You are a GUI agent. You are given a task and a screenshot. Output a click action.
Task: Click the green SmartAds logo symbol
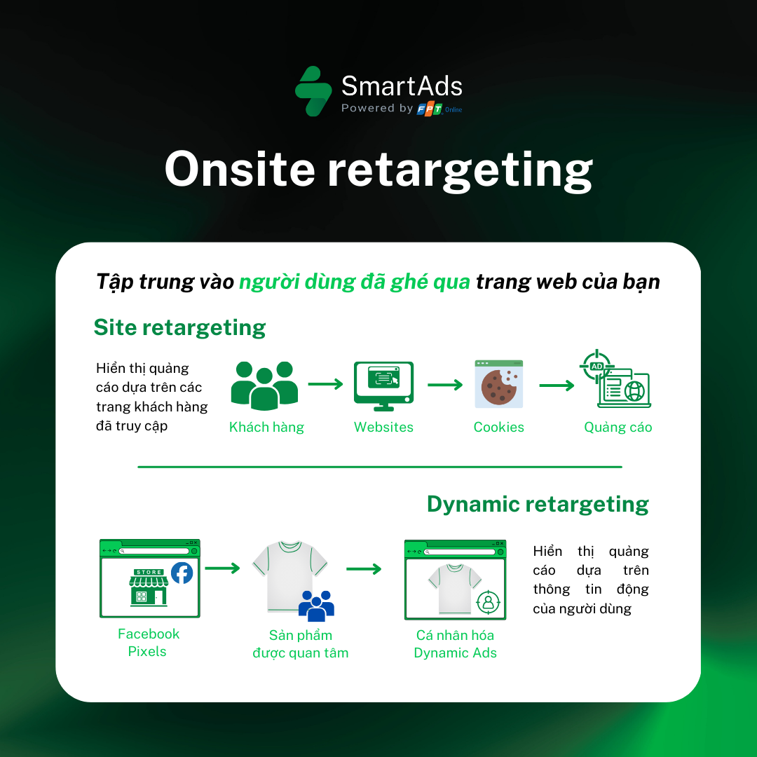pyautogui.click(x=313, y=91)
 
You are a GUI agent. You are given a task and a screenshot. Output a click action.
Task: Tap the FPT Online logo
pyautogui.click(x=439, y=109)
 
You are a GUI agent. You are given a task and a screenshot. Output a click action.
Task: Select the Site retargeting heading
pyautogui.click(x=179, y=327)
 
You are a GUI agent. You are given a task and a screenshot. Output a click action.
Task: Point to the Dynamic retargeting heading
pyautogui.click(x=538, y=504)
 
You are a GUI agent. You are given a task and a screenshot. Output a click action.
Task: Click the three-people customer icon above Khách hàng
pyautogui.click(x=264, y=385)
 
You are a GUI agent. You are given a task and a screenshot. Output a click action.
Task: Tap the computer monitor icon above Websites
pyautogui.click(x=383, y=386)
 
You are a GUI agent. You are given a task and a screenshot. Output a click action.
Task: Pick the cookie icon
pyautogui.click(x=498, y=385)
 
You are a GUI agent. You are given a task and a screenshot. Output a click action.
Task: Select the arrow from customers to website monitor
pyautogui.click(x=325, y=384)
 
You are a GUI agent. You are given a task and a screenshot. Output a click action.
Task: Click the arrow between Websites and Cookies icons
pyautogui.click(x=445, y=385)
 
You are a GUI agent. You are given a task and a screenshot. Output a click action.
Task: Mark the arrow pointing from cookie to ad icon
pyautogui.click(x=557, y=385)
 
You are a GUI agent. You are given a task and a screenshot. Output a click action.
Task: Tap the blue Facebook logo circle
pyautogui.click(x=182, y=573)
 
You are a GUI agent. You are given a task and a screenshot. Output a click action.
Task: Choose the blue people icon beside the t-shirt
pyautogui.click(x=316, y=606)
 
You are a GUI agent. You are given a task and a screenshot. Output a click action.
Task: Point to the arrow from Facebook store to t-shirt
pyautogui.click(x=222, y=568)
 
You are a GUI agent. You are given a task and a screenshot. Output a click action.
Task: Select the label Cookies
pyautogui.click(x=498, y=428)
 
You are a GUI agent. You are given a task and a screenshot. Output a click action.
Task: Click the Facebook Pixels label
pyautogui.click(x=149, y=643)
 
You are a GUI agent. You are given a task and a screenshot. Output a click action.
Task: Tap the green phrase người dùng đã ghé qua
pyautogui.click(x=354, y=282)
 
